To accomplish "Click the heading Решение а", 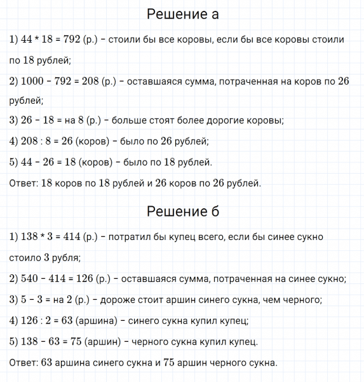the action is tap(182, 14).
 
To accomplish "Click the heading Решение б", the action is tap(182, 211).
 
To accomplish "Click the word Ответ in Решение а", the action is tap(22, 183).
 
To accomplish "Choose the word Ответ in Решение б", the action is tap(22, 363).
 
